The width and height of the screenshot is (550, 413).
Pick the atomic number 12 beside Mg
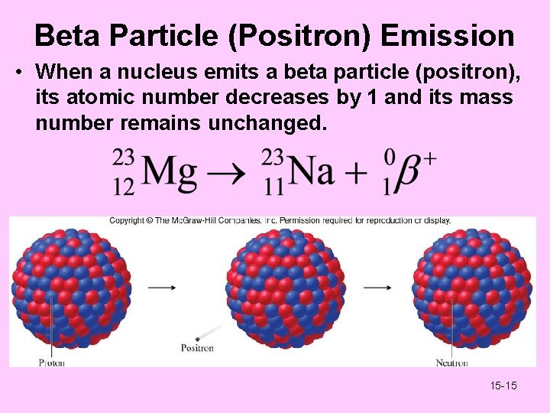coord(124,186)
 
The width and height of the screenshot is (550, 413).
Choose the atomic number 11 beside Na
coord(272,186)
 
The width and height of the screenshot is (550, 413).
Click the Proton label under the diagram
coord(52,362)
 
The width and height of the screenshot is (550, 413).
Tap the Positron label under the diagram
coord(197,349)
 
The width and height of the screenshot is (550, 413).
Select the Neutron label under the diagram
coord(451,362)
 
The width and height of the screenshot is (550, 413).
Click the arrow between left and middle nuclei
coord(161,288)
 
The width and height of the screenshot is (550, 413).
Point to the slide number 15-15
coord(503,385)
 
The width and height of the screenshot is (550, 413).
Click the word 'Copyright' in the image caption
coord(128,221)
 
